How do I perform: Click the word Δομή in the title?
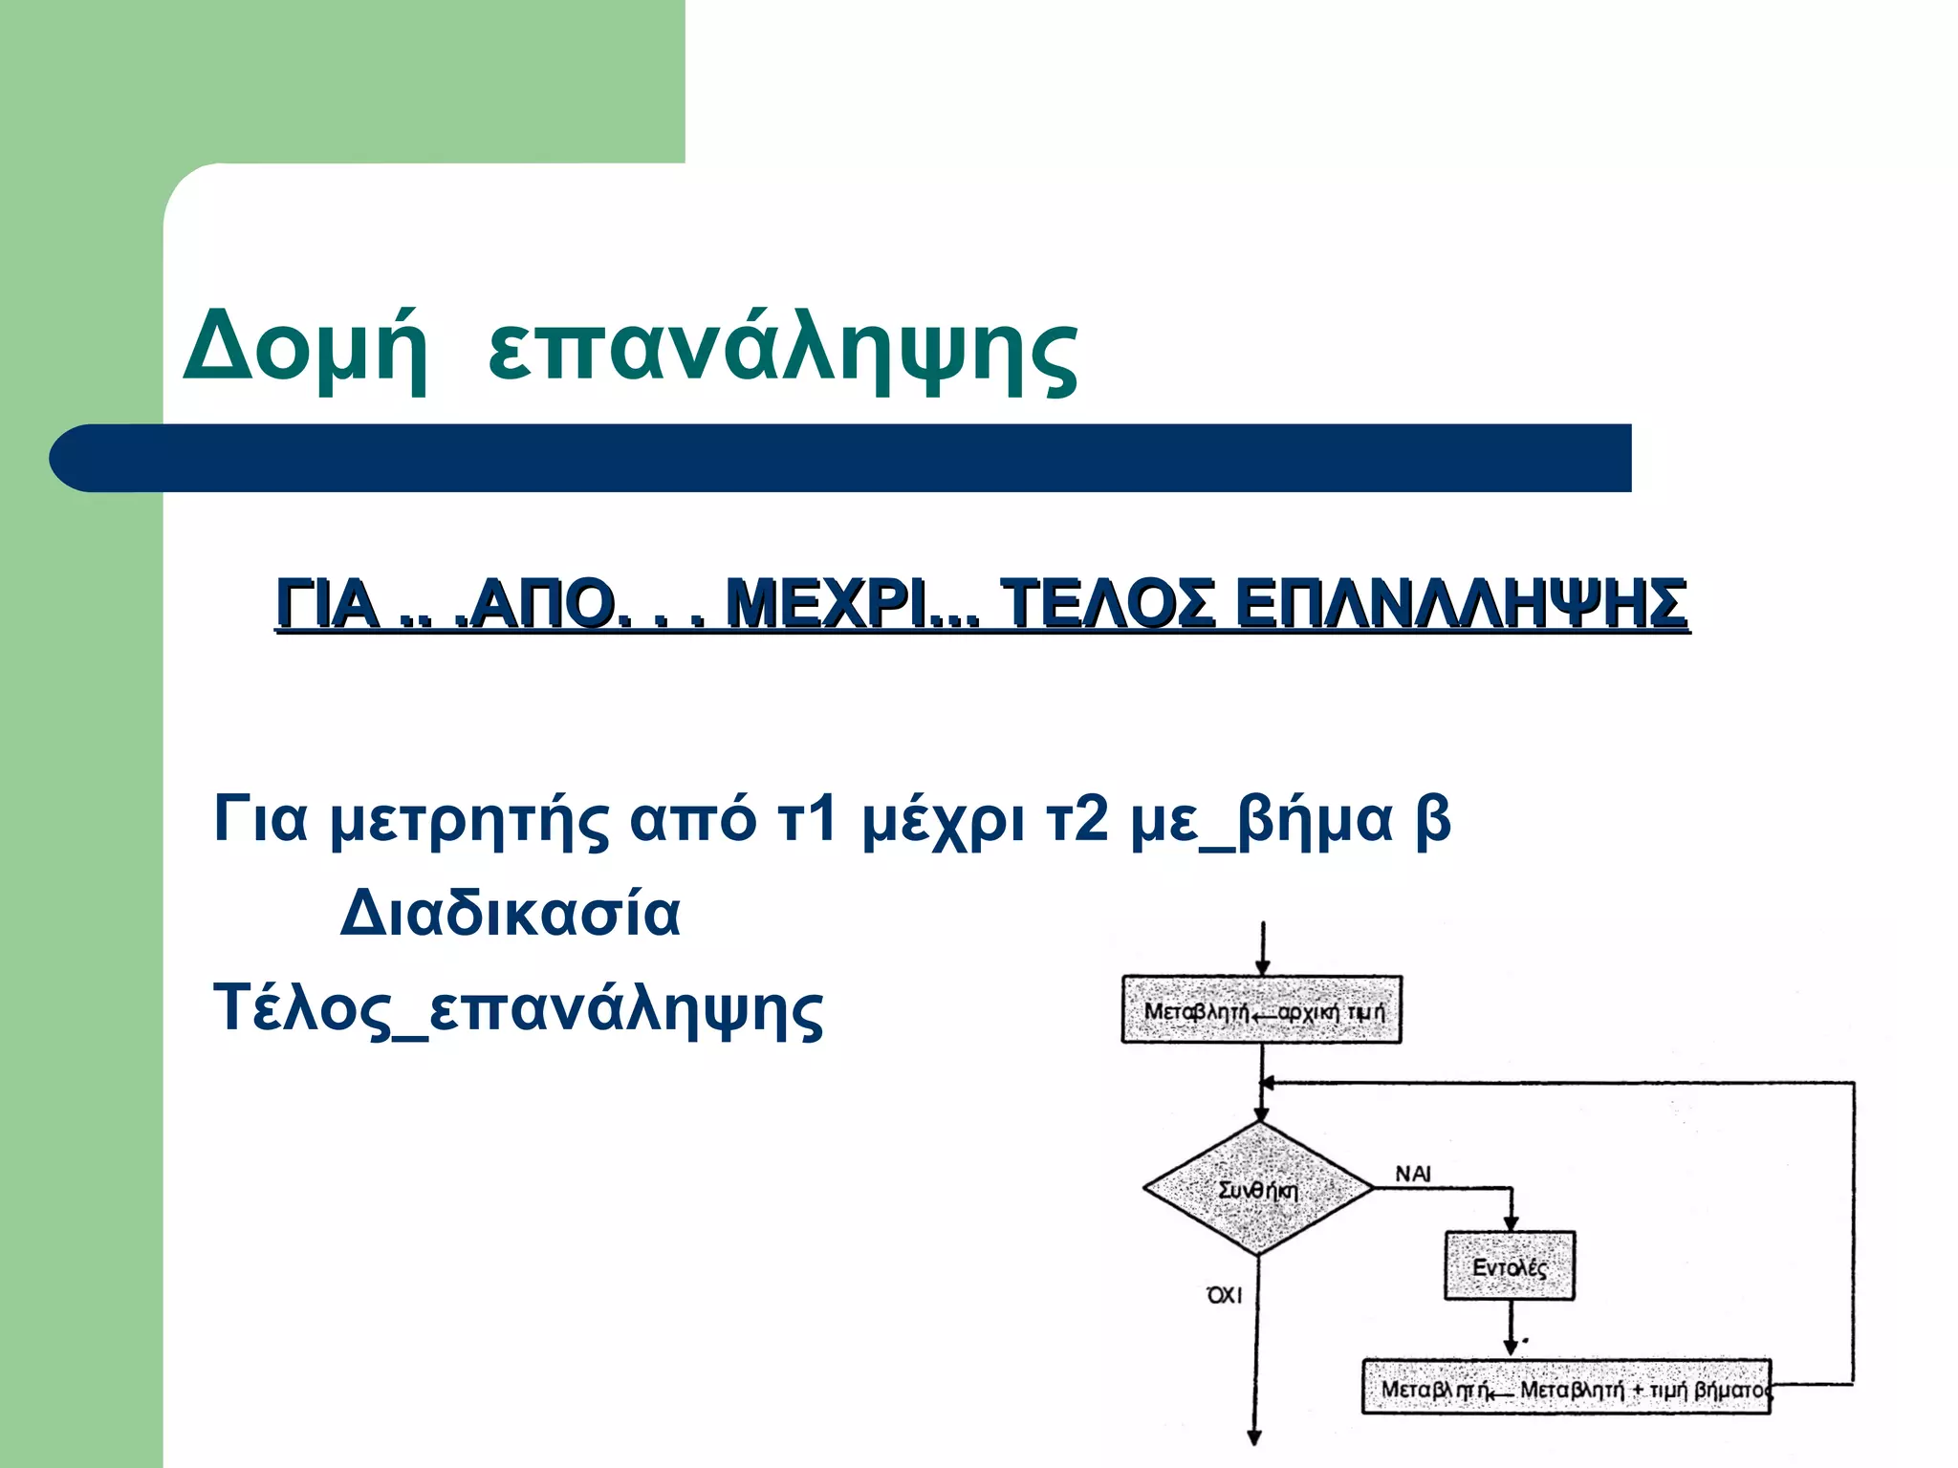[x=305, y=346]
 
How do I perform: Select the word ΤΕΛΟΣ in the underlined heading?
[x=1108, y=604]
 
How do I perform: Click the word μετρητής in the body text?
[x=468, y=820]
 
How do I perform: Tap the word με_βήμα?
[x=1262, y=820]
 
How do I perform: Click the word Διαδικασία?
[x=511, y=914]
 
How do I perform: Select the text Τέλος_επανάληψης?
[x=517, y=1009]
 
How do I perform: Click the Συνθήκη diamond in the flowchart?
[x=1259, y=1189]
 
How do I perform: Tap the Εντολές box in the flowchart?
[x=1509, y=1267]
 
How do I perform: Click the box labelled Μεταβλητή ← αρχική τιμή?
[x=1262, y=1010]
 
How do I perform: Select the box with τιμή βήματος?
[x=1566, y=1388]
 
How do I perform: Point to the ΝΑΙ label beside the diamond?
[x=1412, y=1174]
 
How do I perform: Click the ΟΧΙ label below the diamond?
[x=1225, y=1295]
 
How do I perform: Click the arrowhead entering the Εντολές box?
[x=1512, y=1224]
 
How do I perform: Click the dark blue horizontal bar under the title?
[x=841, y=459]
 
